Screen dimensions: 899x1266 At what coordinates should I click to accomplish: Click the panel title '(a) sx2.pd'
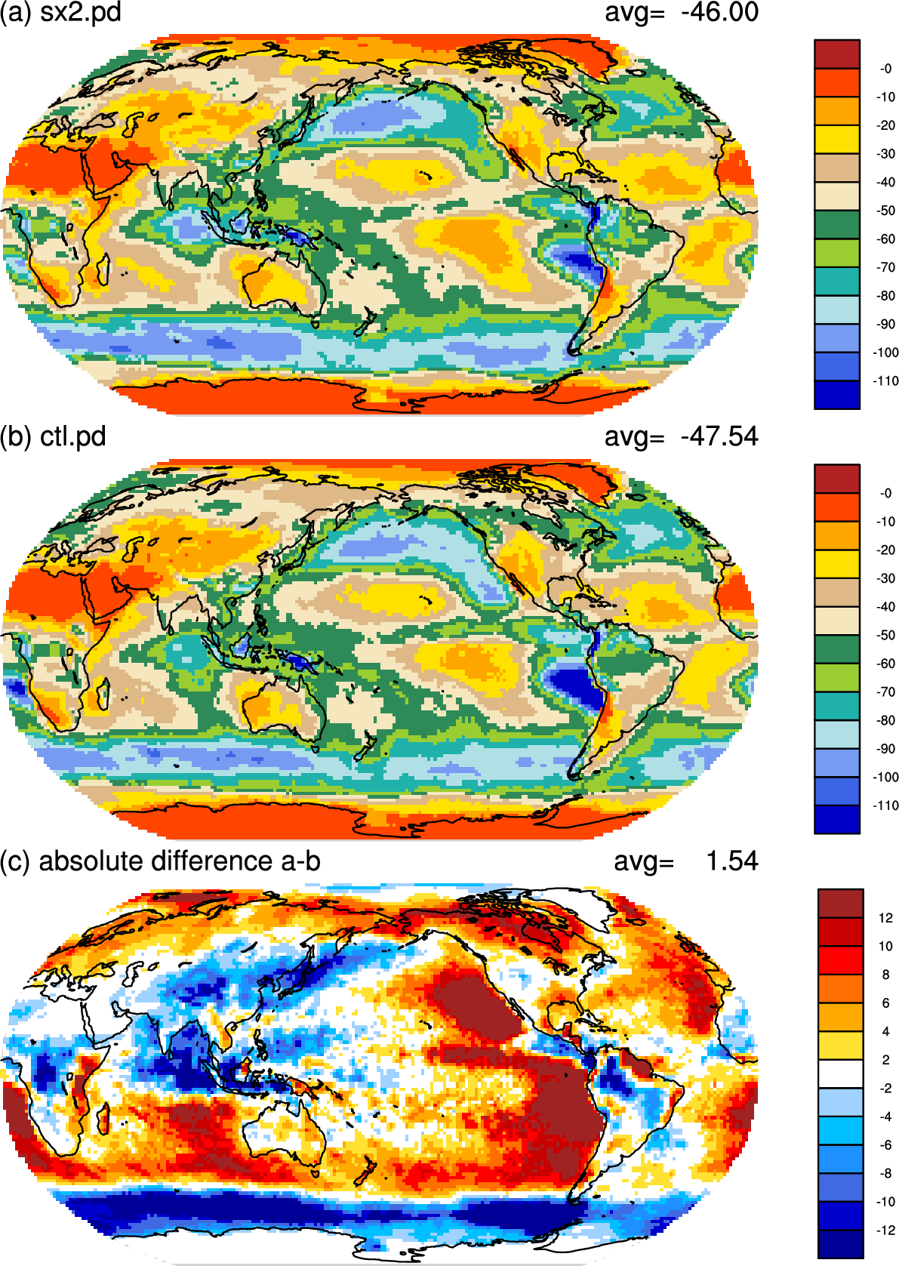tap(60, 12)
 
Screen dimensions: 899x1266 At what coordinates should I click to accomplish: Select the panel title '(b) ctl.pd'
tap(53, 437)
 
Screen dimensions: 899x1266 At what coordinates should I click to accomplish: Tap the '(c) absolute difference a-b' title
tap(160, 861)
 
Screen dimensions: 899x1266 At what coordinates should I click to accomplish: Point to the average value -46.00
tap(719, 12)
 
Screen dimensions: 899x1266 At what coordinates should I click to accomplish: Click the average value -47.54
tap(719, 437)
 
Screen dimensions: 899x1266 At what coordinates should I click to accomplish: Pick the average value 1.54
tap(731, 861)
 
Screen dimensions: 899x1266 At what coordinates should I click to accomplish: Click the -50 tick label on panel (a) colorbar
tap(885, 211)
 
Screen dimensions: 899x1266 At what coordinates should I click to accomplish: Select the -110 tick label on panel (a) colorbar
tap(885, 381)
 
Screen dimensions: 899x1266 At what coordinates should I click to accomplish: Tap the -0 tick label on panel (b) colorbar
tap(885, 494)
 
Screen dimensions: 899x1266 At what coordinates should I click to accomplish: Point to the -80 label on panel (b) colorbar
tap(885, 721)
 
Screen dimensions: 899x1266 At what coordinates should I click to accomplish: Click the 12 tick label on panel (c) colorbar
tap(885, 919)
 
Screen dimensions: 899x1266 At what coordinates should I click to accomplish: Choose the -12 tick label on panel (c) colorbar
tap(885, 1231)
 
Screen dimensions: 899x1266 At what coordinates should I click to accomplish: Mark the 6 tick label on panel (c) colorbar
tap(886, 1003)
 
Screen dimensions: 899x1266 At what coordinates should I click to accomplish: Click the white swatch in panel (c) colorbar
tap(840, 1073)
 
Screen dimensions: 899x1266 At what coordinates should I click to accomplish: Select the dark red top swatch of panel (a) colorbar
tap(837, 54)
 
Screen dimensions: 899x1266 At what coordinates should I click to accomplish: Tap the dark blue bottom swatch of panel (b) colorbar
tap(837, 820)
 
